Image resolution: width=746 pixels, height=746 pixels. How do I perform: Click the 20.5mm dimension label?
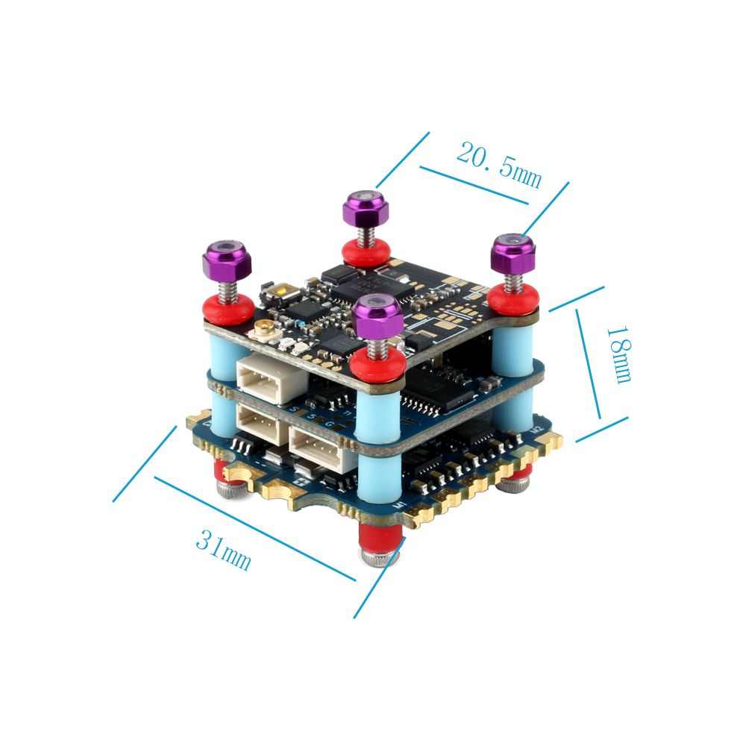click(498, 164)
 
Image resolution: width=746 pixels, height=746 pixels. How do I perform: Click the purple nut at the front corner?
click(378, 316)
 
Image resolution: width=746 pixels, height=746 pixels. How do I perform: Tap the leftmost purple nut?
click(225, 260)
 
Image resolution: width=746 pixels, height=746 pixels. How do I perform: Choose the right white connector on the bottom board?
click(317, 448)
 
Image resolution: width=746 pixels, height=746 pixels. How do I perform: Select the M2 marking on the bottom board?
click(534, 428)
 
